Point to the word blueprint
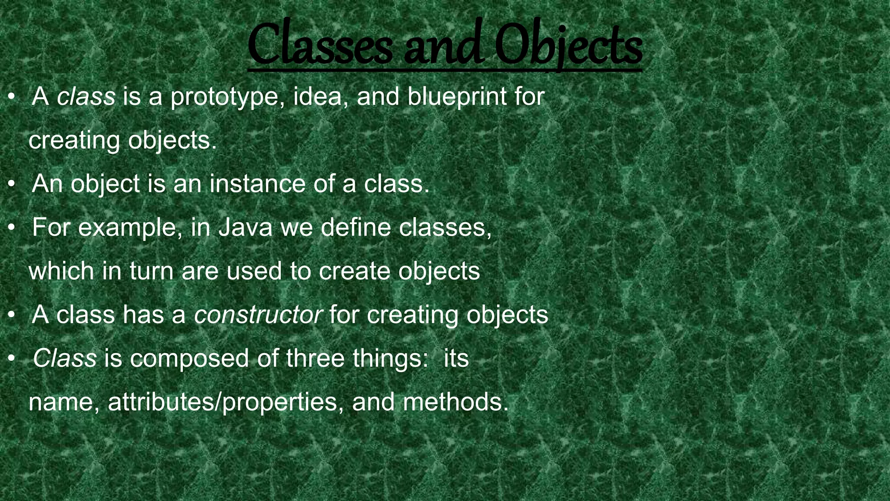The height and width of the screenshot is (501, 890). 457,97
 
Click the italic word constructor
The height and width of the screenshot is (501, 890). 258,314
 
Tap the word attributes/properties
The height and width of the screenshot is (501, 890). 222,403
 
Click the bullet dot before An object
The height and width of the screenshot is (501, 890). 12,184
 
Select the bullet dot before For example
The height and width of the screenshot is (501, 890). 12,228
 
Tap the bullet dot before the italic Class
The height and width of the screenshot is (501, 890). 12,359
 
